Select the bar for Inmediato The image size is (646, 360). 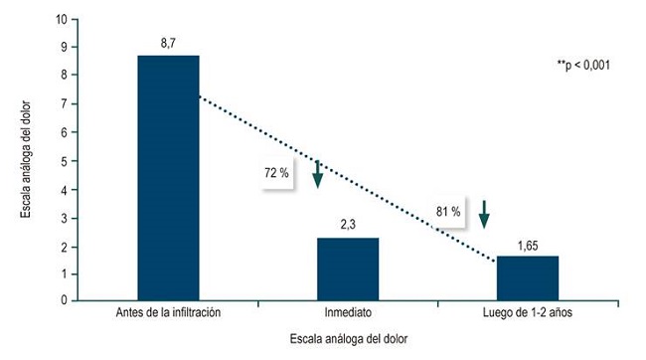[x=348, y=269]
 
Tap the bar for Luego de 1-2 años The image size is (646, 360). [x=527, y=277]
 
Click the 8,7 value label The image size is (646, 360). [x=168, y=44]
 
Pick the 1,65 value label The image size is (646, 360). [x=527, y=245]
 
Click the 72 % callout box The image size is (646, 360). [x=276, y=173]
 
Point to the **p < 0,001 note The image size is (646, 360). [x=583, y=66]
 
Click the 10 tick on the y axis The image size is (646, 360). [x=63, y=19]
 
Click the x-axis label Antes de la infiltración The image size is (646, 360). [x=168, y=313]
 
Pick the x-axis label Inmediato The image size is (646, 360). [x=348, y=313]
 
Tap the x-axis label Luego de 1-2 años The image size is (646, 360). [x=527, y=313]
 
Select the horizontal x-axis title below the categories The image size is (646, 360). [x=348, y=339]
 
